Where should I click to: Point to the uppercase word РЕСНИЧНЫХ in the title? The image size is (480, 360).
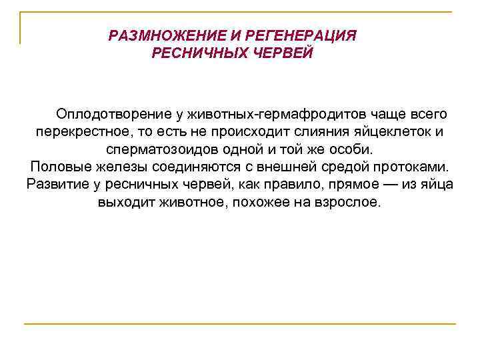(193, 53)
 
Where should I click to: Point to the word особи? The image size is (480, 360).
(357, 149)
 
